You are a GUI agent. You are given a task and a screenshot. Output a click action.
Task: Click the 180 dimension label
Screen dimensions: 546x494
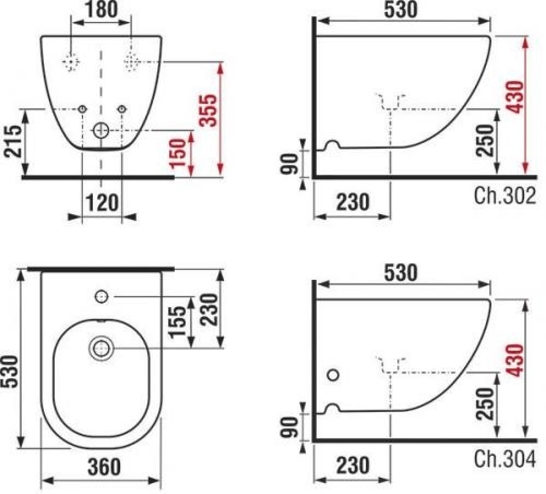point(102,9)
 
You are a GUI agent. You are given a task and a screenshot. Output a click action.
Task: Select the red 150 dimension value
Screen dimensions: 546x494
point(177,152)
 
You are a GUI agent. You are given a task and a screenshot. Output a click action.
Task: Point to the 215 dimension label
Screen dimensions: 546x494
point(13,141)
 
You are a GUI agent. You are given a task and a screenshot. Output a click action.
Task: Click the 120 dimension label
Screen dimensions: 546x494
point(102,202)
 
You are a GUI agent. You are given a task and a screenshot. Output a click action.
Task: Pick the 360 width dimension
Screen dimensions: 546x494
point(104,467)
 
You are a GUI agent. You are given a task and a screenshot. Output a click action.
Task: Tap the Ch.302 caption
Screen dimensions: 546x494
point(505,196)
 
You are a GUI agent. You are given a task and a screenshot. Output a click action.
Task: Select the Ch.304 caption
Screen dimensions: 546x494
point(505,459)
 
